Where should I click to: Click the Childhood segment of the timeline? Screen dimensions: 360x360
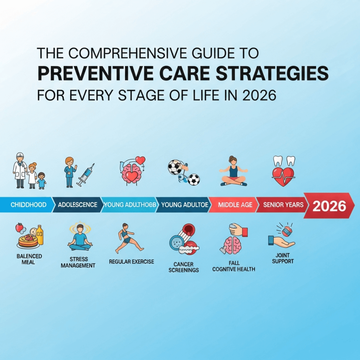coord(28,205)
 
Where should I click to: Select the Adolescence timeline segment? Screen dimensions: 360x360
coord(77,205)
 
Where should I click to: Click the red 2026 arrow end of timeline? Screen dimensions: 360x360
coord(329,206)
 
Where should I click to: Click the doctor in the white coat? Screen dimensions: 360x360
coord(19,170)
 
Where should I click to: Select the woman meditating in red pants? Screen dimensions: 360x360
coord(233,172)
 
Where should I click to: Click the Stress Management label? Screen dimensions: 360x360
coord(78,262)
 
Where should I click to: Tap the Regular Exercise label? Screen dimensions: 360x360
coord(131,262)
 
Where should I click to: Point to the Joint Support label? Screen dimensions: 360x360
coord(283,258)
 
